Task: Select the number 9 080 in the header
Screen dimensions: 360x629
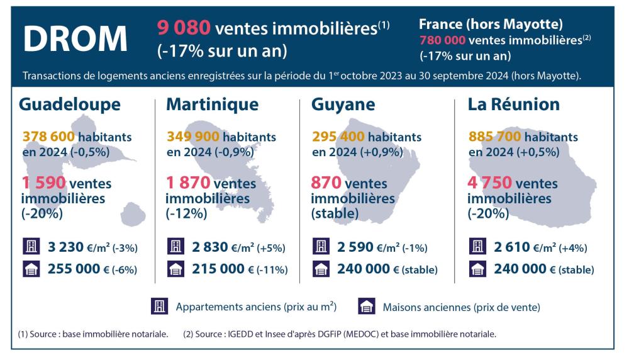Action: [183, 28]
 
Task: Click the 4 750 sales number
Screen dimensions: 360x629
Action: [489, 184]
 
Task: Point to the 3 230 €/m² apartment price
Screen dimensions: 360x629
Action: [62, 247]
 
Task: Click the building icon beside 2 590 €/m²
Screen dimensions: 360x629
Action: [320, 247]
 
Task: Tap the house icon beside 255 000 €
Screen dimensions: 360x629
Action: [30, 269]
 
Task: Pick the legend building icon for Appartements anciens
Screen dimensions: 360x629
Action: [157, 307]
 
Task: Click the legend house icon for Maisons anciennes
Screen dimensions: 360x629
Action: [366, 307]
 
